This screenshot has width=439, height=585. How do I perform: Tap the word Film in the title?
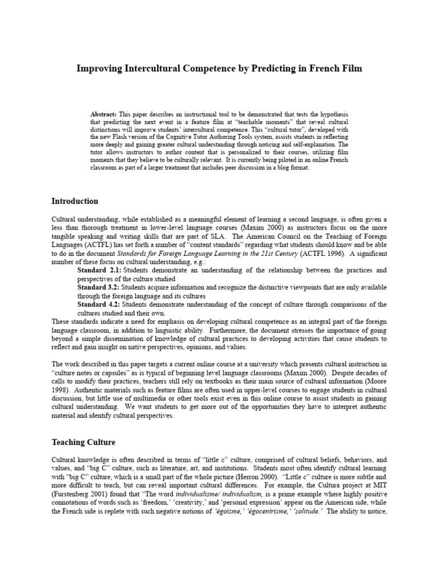pyautogui.click(x=350, y=69)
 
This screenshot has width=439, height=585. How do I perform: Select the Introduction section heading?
pyautogui.click(x=75, y=201)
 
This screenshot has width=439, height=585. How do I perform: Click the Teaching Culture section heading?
pyautogui.click(x=83, y=442)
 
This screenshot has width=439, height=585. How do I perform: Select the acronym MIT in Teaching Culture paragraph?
pyautogui.click(x=380, y=486)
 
